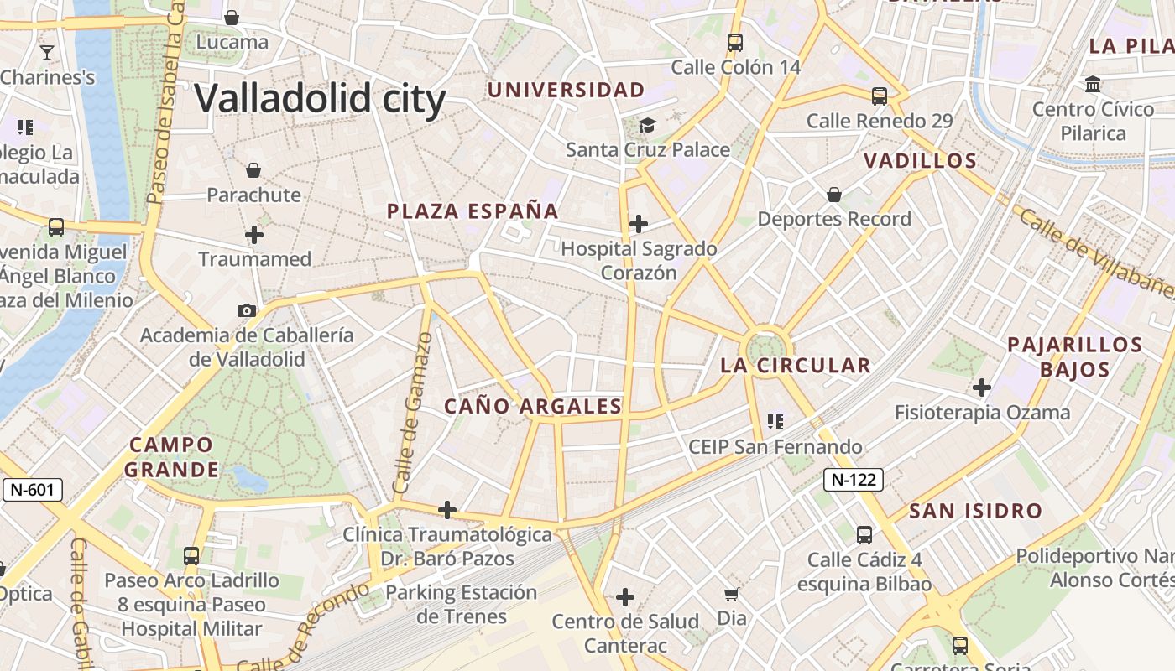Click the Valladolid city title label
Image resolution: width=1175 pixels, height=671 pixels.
click(x=320, y=98)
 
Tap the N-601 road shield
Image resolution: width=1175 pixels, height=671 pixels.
click(x=34, y=490)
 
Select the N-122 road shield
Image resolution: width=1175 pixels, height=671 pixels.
click(x=853, y=480)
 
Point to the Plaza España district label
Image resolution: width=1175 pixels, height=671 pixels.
click(x=473, y=211)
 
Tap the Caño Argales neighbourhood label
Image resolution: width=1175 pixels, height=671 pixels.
click(x=533, y=407)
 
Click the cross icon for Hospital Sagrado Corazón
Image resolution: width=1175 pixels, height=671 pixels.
click(x=639, y=223)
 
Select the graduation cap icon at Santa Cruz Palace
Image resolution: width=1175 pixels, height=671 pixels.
click(x=647, y=125)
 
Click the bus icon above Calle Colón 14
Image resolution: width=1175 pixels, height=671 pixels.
click(x=735, y=42)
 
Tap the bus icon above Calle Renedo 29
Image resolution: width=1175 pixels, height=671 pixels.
click(x=880, y=96)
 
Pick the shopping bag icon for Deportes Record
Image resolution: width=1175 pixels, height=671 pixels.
click(x=834, y=195)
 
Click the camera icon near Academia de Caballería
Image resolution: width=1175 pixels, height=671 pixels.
click(x=247, y=310)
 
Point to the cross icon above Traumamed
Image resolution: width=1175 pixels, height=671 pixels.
click(x=254, y=235)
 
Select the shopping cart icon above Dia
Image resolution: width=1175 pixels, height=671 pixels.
click(x=732, y=594)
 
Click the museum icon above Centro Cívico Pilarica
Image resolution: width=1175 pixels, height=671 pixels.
click(x=1093, y=84)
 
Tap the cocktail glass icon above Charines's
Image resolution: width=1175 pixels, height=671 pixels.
click(x=47, y=53)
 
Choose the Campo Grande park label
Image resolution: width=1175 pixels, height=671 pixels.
click(x=171, y=456)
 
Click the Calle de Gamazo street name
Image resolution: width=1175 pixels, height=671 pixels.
click(x=412, y=413)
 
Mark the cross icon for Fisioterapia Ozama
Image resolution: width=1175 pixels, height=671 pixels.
click(x=982, y=388)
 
